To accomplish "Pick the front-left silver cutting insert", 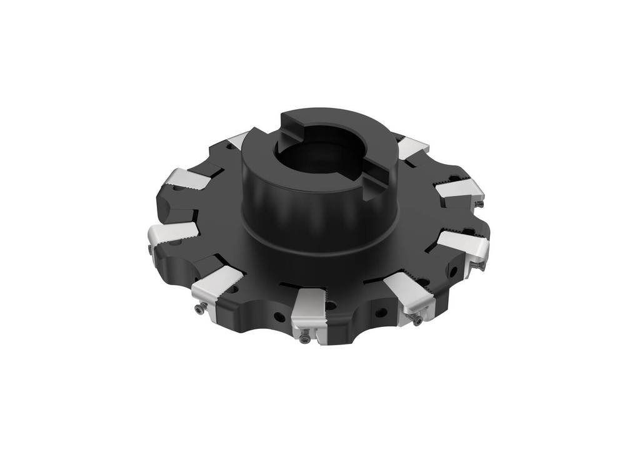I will point(216,286).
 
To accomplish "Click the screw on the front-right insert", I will point(417,321).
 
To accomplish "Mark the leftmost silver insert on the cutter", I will point(171,233).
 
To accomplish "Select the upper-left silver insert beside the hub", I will point(188,179).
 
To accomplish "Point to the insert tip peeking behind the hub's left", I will point(237,140).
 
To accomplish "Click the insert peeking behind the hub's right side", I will point(412,147).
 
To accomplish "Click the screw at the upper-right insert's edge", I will point(479,203).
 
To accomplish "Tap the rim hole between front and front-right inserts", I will point(379,311).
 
